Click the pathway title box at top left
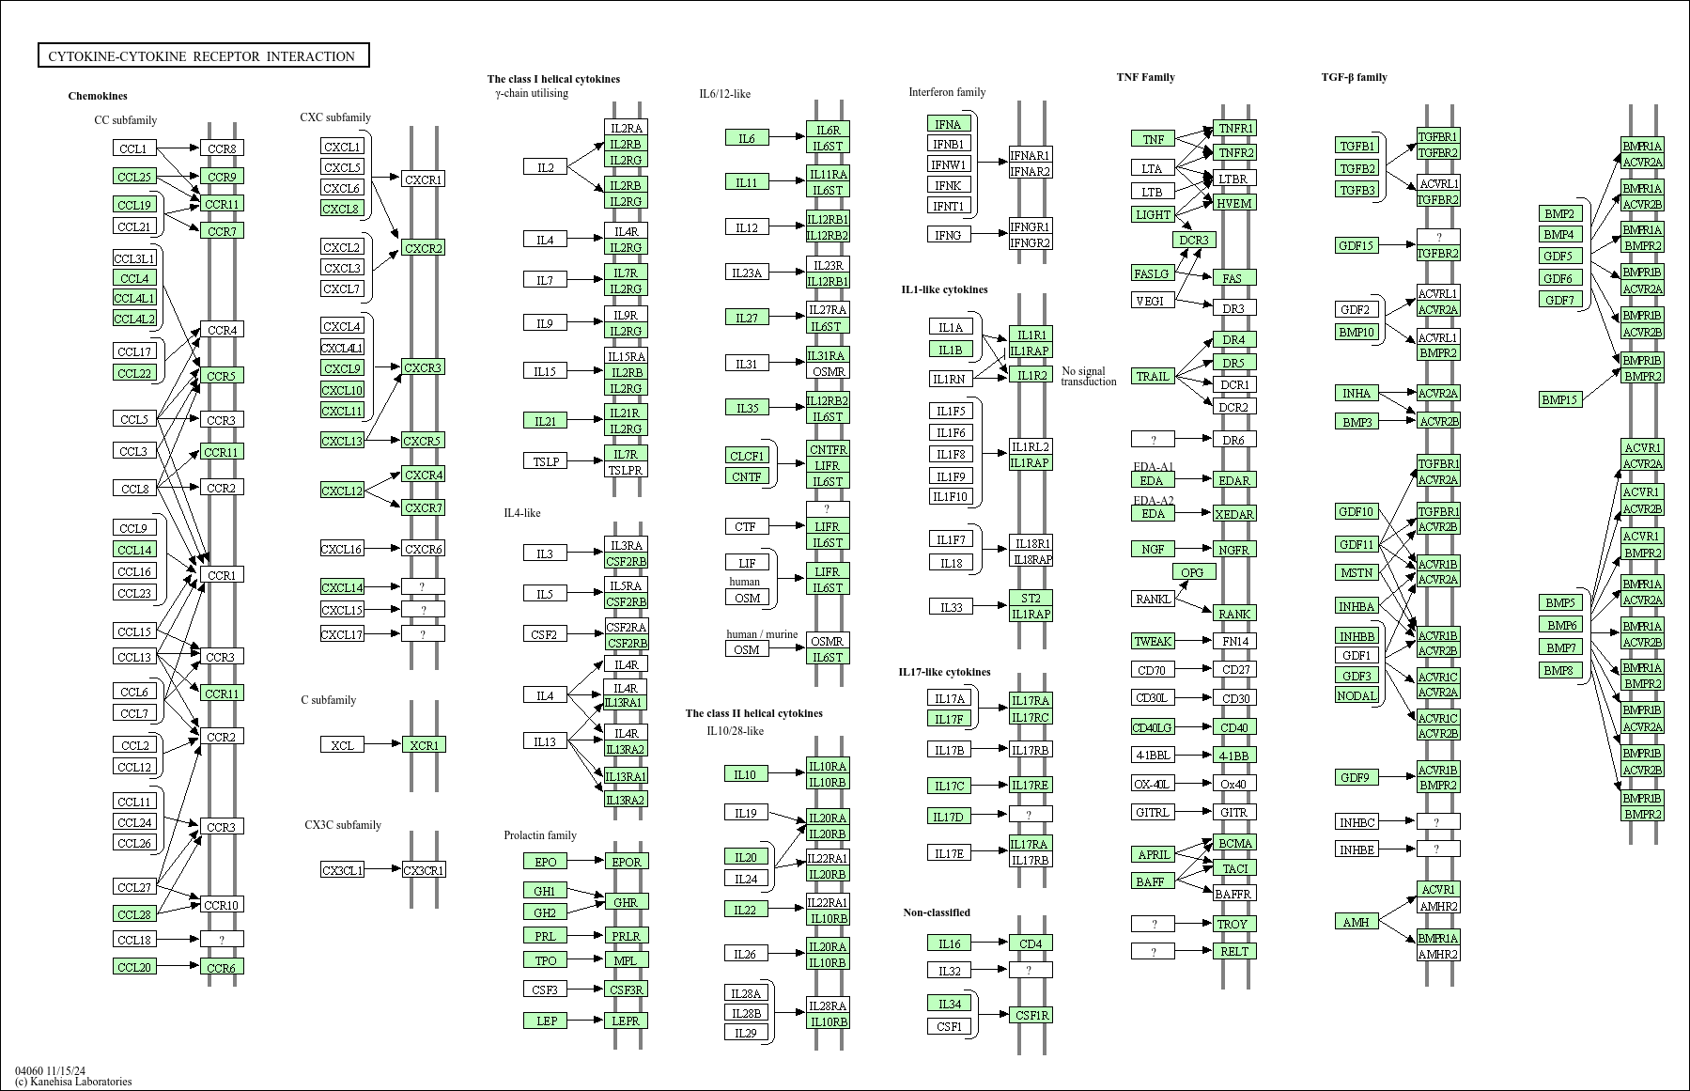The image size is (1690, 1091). [x=203, y=56]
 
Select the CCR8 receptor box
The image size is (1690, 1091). [x=222, y=148]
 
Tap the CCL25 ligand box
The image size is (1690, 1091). [x=134, y=177]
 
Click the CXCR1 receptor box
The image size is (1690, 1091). [x=423, y=179]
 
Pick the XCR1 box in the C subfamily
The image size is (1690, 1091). [x=424, y=745]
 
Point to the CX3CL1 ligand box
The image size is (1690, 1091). [x=342, y=870]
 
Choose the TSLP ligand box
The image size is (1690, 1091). [x=546, y=461]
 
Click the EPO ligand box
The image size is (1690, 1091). [x=546, y=862]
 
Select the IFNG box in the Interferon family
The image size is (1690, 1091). [x=948, y=234]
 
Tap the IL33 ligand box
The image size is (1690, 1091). [x=951, y=607]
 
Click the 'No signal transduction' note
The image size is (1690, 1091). [x=1089, y=376]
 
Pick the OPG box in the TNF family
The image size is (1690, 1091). [x=1192, y=572]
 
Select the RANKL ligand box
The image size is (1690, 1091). [x=1153, y=599]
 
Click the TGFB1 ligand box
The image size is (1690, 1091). [x=1357, y=146]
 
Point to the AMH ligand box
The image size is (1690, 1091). [x=1357, y=922]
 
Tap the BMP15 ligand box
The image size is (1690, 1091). [x=1559, y=399]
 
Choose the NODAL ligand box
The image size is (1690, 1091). [x=1357, y=695]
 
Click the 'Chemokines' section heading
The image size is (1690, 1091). [x=98, y=96]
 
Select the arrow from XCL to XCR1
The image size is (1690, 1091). [x=382, y=745]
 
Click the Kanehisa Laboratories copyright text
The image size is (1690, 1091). [x=73, y=1082]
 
